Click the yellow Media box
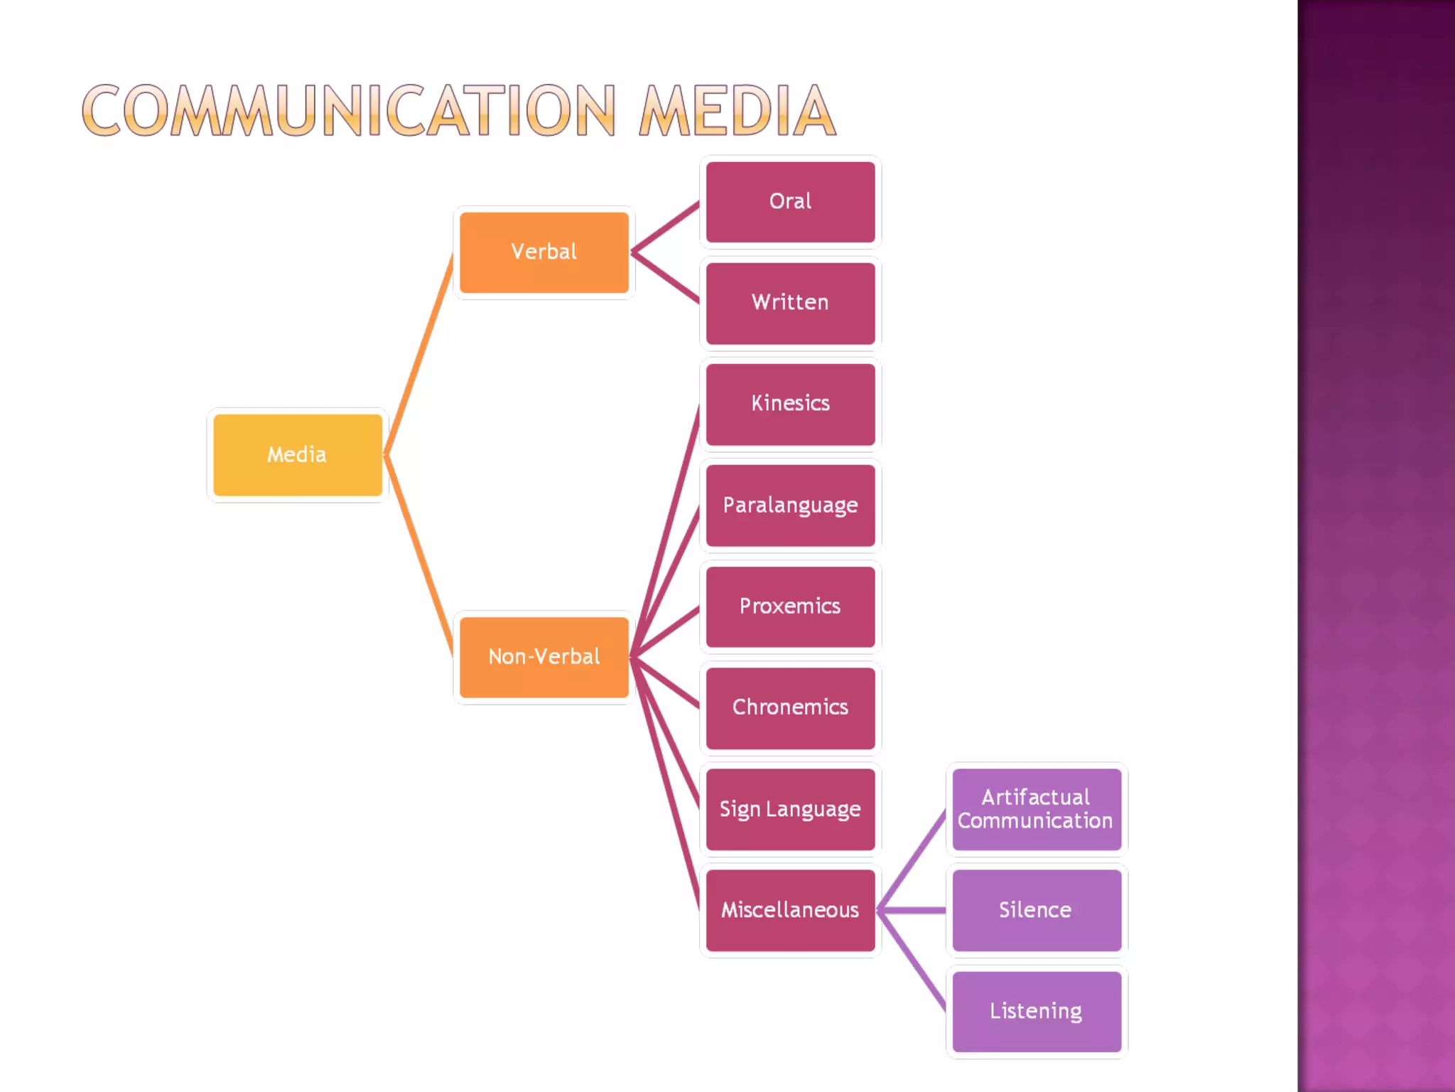298,455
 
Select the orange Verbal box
543,252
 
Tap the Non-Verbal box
543,657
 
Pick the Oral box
790,202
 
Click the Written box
790,303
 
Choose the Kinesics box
790,404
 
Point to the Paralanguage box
790,505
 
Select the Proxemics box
790,606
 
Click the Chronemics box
790,707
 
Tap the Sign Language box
790,809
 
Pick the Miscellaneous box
790,910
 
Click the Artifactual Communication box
1036,809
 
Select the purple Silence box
1036,910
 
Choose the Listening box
1036,1011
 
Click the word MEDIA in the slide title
737,111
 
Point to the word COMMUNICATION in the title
348,111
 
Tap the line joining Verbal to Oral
666,227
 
